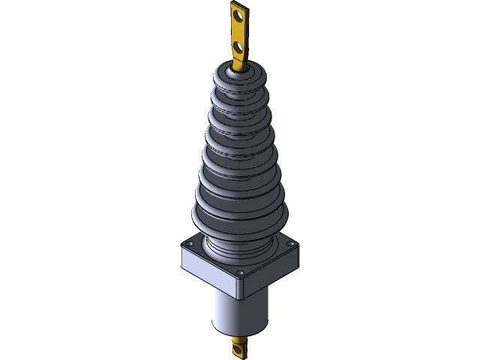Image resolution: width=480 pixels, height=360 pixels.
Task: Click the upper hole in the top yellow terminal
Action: (238, 14)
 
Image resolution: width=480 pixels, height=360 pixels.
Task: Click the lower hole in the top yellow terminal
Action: (239, 47)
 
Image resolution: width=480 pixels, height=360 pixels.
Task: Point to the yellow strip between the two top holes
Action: (238, 31)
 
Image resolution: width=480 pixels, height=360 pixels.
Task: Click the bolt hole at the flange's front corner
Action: (239, 272)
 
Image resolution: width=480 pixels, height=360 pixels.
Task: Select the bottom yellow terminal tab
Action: (241, 349)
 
